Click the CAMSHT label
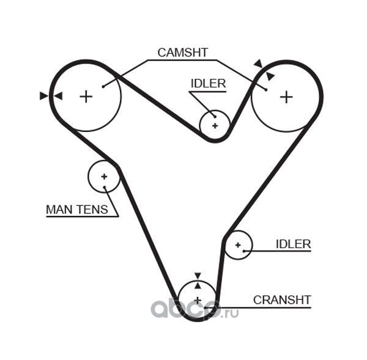(183, 53)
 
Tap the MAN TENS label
(77, 210)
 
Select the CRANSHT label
(282, 300)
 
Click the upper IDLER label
(209, 84)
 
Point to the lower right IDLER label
(294, 244)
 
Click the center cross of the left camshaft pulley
(86, 97)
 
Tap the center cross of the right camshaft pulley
(286, 97)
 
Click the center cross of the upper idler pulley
(215, 126)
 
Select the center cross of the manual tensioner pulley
(104, 177)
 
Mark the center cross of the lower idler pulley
(238, 245)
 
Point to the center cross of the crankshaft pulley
(198, 300)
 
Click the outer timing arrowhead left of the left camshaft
(44, 96)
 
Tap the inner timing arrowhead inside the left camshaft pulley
(58, 96)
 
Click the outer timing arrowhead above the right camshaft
(258, 64)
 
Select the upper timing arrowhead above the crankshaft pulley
(198, 276)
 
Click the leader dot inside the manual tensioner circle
(105, 187)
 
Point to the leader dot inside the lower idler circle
(244, 251)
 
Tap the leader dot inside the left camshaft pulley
(103, 87)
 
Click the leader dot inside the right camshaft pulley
(266, 90)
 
